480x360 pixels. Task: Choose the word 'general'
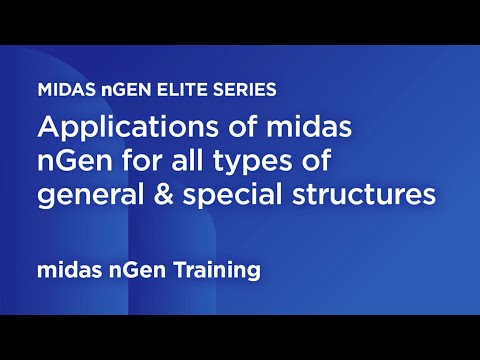tap(83, 195)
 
